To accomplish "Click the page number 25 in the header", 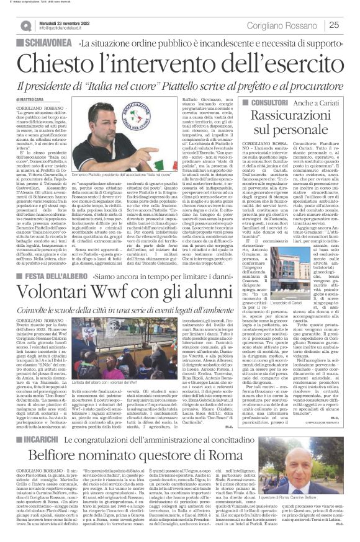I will click(x=333, y=25).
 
